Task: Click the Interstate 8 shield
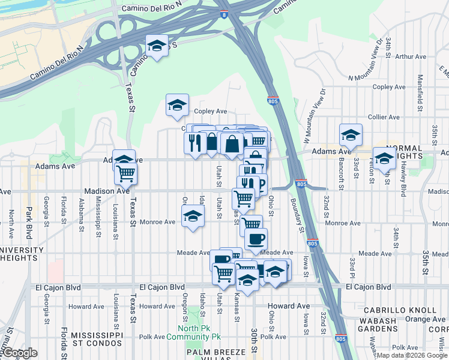click(223, 14)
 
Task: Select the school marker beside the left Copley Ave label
click(177, 105)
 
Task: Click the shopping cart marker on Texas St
click(126, 173)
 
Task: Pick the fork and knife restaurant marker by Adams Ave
click(195, 143)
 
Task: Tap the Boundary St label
click(297, 213)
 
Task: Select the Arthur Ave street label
click(411, 57)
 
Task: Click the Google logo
click(19, 353)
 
